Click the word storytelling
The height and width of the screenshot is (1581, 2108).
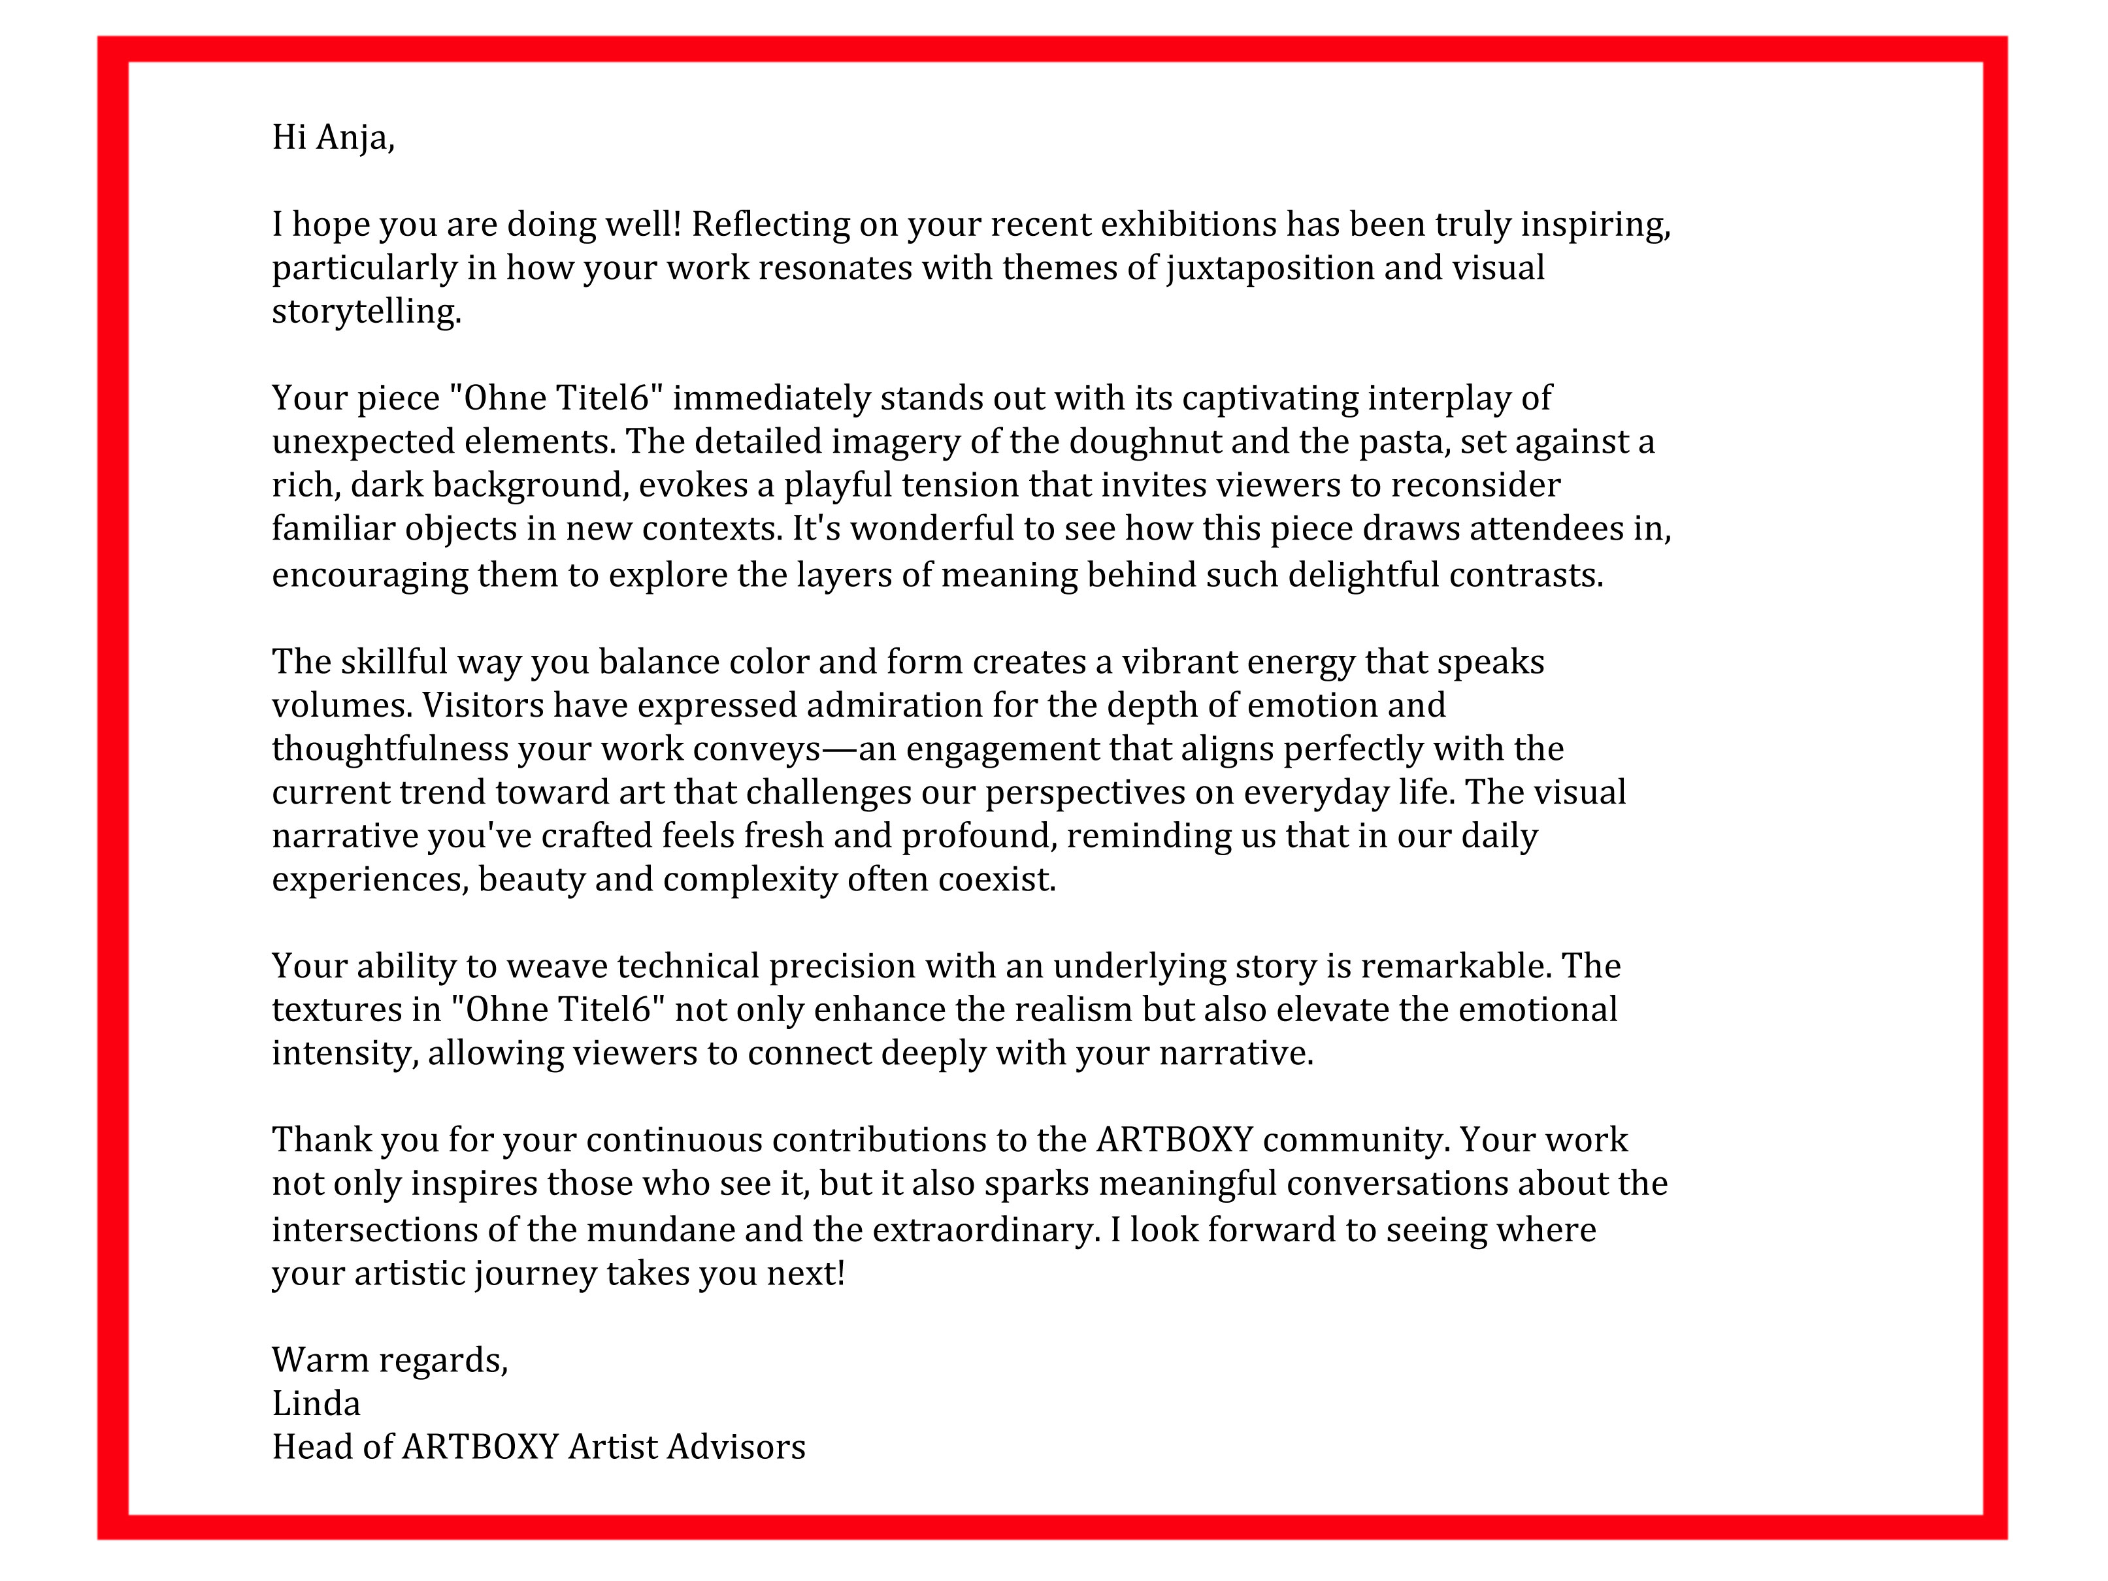pyautogui.click(x=365, y=312)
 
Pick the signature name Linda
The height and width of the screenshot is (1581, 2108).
pyautogui.click(x=316, y=1404)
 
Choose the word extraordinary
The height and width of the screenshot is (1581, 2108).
pyautogui.click(x=986, y=1230)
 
